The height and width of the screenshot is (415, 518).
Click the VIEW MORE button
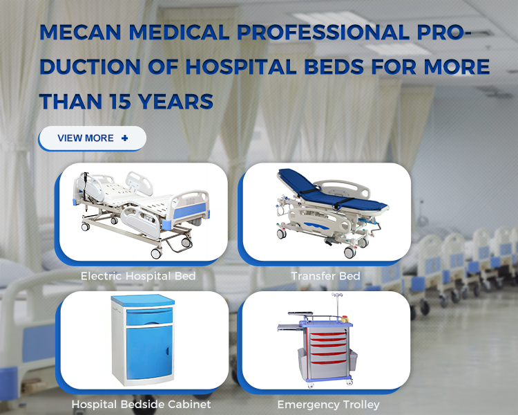pos(92,138)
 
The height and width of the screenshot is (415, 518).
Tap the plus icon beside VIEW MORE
pos(124,138)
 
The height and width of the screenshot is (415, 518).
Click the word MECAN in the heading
pos(80,33)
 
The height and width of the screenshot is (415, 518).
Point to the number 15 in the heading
pos(120,102)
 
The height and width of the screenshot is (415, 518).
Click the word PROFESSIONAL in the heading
pos(323,33)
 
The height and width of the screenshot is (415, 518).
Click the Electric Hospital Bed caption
pos(138,276)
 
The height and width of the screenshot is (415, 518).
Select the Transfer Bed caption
pos(326,276)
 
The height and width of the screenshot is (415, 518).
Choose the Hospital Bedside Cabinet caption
pos(141,405)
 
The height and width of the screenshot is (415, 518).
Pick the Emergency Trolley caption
pos(328,405)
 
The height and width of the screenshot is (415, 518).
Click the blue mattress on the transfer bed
pos(330,192)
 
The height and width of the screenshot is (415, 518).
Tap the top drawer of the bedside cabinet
pos(149,316)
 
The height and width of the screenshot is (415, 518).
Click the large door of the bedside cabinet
pos(149,353)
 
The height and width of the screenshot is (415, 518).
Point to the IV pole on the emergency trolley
pos(337,304)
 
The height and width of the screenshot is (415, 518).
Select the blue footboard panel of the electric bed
pos(190,211)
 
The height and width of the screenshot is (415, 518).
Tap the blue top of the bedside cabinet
pos(143,300)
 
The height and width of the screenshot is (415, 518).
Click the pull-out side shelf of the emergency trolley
pos(289,328)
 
